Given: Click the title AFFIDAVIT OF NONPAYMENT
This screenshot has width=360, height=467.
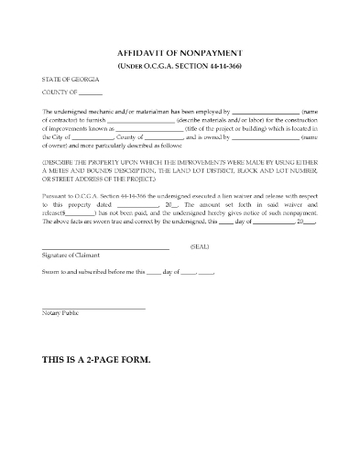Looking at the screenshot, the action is [180, 54].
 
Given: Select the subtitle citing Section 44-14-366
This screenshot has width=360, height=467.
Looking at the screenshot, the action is [180, 68].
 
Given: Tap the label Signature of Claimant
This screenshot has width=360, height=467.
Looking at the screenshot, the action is [70, 257].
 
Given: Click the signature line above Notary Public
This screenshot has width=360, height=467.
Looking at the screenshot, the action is [93, 307].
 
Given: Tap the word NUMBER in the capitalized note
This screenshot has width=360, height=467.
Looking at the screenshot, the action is [301, 171].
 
